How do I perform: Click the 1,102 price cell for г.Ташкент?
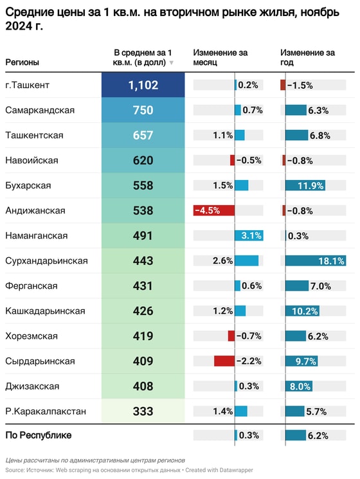tap(143, 85)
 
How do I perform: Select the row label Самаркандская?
tap(39, 110)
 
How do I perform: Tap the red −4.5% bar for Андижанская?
tap(214, 210)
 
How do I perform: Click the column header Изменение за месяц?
tap(220, 57)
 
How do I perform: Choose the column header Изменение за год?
tap(307, 57)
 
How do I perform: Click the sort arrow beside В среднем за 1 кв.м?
tap(171, 63)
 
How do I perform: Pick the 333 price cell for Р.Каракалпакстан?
tap(143, 411)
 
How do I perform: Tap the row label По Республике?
tap(38, 435)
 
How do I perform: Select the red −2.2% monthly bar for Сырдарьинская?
tap(224, 361)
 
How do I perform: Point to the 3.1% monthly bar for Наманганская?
tap(249, 235)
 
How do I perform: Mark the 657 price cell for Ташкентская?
tap(143, 135)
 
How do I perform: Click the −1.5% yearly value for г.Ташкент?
tap(300, 85)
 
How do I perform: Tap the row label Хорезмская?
tap(31, 336)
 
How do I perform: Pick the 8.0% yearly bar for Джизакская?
tap(299, 386)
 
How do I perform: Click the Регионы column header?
tap(22, 62)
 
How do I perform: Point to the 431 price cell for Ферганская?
tap(143, 285)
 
